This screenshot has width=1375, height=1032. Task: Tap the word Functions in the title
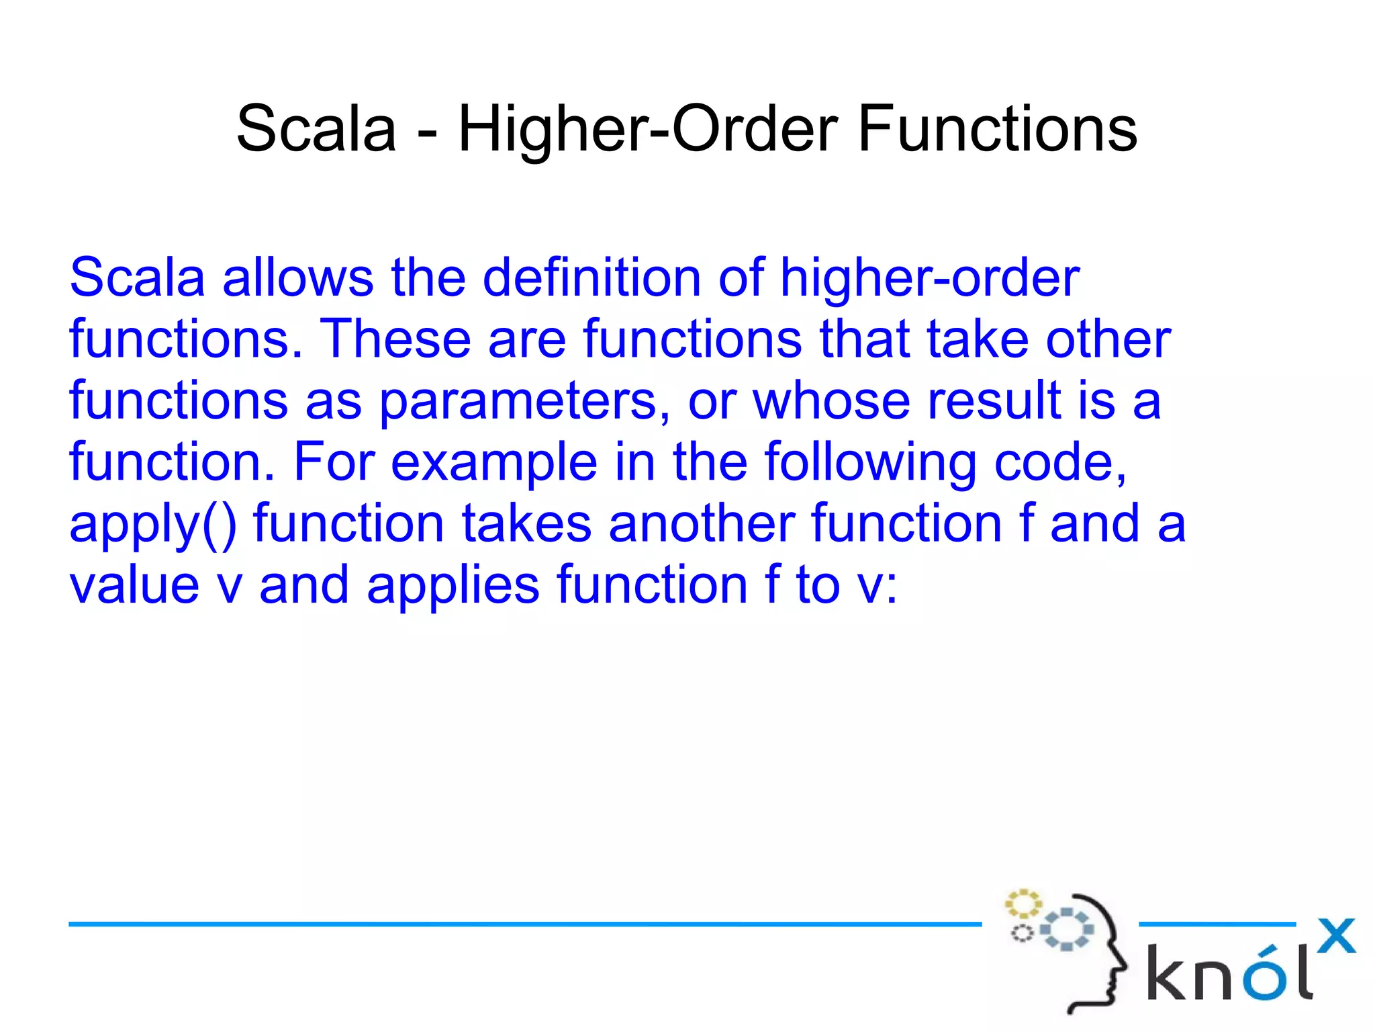click(998, 129)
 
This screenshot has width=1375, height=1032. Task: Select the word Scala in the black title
click(316, 129)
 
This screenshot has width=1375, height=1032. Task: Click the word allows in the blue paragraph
click(297, 277)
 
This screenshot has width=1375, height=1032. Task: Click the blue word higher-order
click(929, 277)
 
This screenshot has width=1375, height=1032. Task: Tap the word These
click(395, 339)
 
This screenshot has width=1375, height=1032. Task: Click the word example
click(494, 464)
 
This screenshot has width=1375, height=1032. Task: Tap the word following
click(871, 464)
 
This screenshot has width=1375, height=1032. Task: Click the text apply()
click(153, 525)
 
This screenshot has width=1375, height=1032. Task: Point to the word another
click(701, 523)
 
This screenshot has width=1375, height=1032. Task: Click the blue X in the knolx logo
click(1336, 936)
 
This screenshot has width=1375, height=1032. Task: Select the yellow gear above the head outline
click(1022, 904)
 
